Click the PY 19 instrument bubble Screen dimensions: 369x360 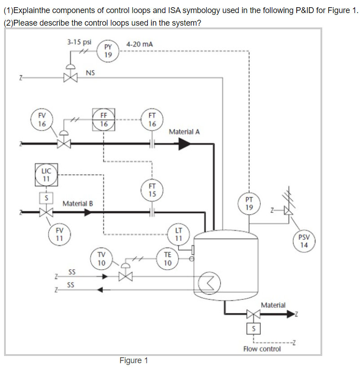pos(108,50)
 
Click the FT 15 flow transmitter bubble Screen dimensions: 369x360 pos(152,190)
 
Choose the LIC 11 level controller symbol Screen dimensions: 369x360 pos(46,175)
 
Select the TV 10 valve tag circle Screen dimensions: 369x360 pos(102,258)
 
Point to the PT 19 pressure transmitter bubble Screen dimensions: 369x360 pos(249,203)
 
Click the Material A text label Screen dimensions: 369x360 pos(184,132)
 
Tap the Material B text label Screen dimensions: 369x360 pos(78,204)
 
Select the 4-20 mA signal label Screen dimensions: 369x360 pos(139,44)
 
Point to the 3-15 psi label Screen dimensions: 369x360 pos(79,42)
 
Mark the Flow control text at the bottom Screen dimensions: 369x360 pos(262,349)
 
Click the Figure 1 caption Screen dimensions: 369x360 pos(133,360)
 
